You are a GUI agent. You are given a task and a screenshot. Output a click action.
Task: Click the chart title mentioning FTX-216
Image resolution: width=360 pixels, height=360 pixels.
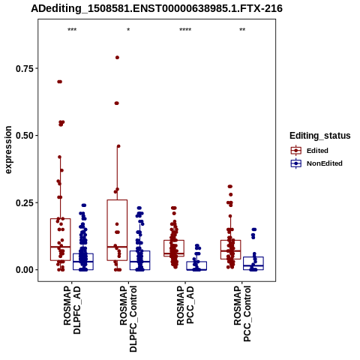tap(157, 9)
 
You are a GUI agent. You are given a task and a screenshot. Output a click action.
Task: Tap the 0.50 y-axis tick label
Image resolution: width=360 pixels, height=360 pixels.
tap(24, 136)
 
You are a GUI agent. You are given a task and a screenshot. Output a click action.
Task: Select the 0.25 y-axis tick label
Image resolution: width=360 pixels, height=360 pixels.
tap(24, 202)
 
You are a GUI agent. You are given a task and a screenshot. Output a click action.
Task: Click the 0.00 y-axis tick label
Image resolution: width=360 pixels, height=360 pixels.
tap(24, 270)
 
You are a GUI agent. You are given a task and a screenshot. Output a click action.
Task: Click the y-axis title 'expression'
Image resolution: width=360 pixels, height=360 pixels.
tap(8, 150)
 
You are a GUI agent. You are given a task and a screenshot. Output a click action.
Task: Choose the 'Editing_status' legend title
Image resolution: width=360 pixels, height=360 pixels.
tap(320, 136)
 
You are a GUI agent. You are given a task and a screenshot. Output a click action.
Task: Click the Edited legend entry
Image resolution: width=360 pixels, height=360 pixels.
tap(309, 151)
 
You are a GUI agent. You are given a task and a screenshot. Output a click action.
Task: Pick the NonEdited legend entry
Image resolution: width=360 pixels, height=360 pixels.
tap(316, 163)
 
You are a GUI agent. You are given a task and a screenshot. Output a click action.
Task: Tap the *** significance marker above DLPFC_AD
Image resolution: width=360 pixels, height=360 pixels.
tap(72, 30)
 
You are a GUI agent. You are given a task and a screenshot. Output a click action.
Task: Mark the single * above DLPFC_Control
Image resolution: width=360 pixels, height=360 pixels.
tap(128, 30)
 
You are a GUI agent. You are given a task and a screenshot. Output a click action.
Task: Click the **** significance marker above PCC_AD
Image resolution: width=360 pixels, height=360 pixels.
tap(185, 30)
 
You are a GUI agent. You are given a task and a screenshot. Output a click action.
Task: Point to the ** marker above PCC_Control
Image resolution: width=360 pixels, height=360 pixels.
tap(242, 30)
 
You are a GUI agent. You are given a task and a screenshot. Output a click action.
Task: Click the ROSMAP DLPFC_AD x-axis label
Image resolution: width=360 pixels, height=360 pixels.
tap(72, 310)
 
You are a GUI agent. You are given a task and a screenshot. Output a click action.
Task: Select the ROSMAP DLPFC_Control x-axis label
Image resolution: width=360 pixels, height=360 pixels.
tap(128, 319)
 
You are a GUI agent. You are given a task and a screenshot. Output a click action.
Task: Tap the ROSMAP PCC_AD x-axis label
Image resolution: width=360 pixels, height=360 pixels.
tap(185, 305)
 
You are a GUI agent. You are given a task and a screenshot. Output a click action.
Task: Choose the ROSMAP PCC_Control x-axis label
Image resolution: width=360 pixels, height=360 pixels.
tap(242, 313)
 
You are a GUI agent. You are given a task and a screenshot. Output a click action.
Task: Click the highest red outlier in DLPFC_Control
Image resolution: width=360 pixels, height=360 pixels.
tap(117, 58)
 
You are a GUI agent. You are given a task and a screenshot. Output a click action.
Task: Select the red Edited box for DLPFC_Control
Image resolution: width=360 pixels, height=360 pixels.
tap(117, 230)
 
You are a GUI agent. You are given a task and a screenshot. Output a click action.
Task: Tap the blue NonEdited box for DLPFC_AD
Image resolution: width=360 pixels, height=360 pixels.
tap(83, 262)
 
